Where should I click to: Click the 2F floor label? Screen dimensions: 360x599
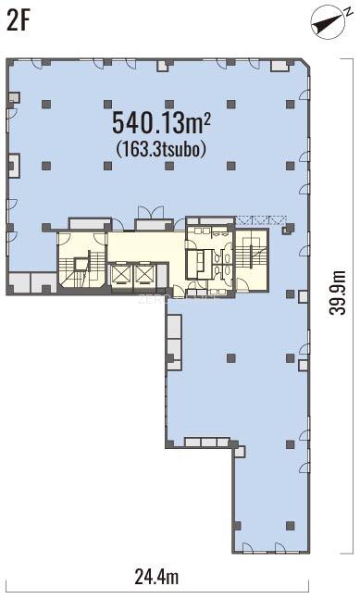pos(19,20)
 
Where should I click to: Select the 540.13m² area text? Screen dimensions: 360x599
pos(161,122)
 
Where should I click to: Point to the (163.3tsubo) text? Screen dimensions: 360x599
pos(161,149)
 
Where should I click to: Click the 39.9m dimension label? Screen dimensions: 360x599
pos(338,293)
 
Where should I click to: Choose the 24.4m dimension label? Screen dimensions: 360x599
pos(156,577)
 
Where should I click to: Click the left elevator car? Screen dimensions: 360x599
pos(120,274)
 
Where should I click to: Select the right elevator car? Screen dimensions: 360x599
pos(144,274)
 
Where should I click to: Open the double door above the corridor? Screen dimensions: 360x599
pos(151,212)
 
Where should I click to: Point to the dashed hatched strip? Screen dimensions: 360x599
pos(261,220)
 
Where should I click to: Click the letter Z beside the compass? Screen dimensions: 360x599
pos(349,12)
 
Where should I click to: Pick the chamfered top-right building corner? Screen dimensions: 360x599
pos(305,63)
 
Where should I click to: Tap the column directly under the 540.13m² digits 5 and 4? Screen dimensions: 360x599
pos(108,166)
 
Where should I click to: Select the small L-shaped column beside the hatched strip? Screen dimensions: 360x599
pos(289,229)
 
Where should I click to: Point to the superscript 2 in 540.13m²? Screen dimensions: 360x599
pos(207,119)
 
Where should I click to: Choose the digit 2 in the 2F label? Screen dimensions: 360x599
pos(13,20)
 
